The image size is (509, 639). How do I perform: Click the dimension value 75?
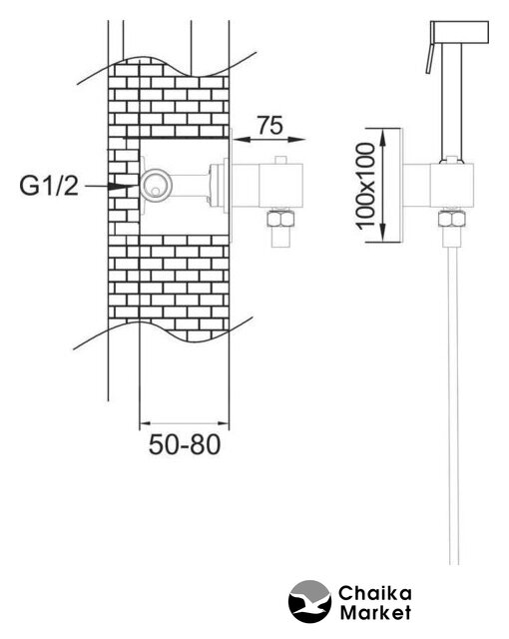(269, 125)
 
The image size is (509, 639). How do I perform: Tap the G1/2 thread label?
(49, 187)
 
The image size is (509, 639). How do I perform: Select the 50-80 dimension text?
(185, 444)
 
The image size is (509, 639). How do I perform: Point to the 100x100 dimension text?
(365, 186)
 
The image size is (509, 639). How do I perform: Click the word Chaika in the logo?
(375, 593)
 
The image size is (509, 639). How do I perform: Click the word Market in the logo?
(375, 612)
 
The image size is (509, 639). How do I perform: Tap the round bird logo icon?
(309, 601)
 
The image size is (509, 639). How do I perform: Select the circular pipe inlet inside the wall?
(155, 186)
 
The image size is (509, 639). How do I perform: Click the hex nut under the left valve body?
(280, 219)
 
